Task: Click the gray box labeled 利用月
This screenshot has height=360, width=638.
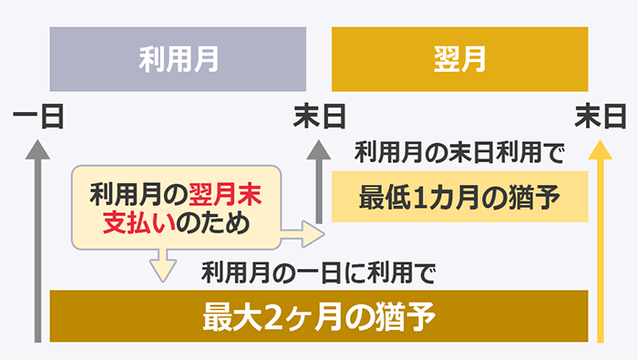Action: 178,60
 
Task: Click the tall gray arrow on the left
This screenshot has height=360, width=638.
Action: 37,237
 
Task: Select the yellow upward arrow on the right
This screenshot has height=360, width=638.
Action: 600,237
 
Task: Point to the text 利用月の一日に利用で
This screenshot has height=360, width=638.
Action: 320,272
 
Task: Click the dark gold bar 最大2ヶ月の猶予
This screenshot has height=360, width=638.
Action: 320,318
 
